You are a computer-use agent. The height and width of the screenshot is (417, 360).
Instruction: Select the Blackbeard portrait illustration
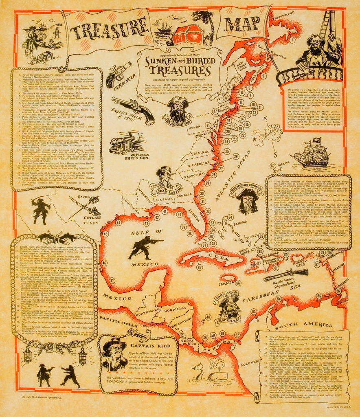point(178,108)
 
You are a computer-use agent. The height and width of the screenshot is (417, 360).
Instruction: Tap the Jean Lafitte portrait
point(165,178)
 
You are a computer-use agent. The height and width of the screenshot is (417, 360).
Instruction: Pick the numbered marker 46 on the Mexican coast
point(104,263)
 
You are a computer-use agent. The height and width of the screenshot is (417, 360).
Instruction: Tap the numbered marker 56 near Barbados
point(338,290)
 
